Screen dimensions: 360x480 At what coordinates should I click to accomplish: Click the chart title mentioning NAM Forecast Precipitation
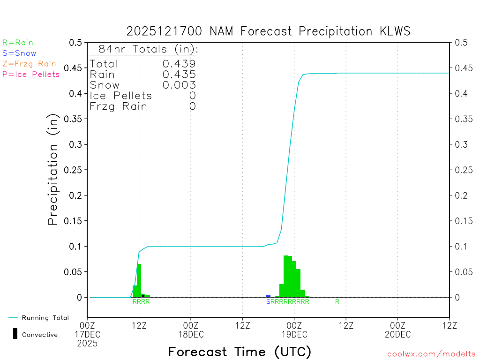click(x=268, y=31)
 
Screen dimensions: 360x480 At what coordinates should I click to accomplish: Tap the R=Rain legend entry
click(x=18, y=43)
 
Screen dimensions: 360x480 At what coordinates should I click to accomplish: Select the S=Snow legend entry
click(x=19, y=53)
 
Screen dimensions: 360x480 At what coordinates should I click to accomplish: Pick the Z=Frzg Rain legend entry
click(x=29, y=64)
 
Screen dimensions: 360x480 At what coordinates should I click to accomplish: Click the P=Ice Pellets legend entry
click(x=31, y=74)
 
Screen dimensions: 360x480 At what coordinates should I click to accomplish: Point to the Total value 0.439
click(x=179, y=64)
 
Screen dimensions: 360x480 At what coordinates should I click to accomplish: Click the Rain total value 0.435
click(x=179, y=74)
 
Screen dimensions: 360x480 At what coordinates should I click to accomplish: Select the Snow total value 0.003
click(x=179, y=85)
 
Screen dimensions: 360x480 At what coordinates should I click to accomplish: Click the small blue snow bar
click(x=268, y=296)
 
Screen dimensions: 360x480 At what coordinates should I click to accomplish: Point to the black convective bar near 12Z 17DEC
click(x=143, y=296)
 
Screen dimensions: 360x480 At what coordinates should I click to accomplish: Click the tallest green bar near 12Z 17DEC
click(x=139, y=280)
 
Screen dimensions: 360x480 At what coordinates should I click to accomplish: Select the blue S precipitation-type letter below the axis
click(x=268, y=301)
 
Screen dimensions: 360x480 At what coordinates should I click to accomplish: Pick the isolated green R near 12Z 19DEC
click(x=337, y=301)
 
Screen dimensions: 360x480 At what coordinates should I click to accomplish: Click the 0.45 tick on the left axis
click(x=76, y=68)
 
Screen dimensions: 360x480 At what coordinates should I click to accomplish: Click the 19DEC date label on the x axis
click(x=294, y=334)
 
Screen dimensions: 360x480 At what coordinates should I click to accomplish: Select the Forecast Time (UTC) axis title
click(x=240, y=352)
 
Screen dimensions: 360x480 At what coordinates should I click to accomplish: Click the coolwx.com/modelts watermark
click(x=431, y=354)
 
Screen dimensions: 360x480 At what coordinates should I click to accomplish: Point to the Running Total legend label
click(x=45, y=318)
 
